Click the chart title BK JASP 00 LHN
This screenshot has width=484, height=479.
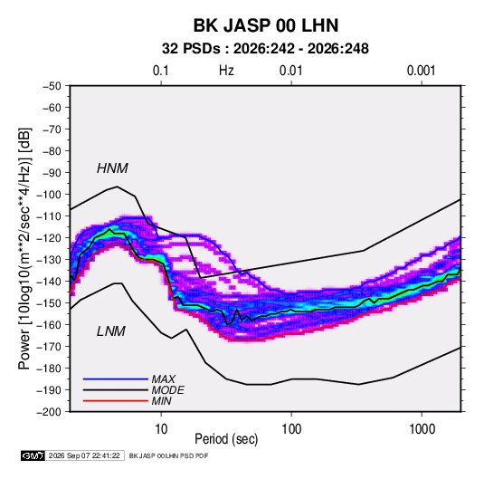tap(266, 25)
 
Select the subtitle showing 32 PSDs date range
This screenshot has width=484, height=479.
tap(265, 49)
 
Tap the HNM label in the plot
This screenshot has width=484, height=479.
tap(112, 168)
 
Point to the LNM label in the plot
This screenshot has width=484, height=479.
tap(111, 331)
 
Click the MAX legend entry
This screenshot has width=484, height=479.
tap(164, 378)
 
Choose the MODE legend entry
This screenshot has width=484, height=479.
tap(168, 390)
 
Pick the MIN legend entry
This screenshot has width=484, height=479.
tap(161, 401)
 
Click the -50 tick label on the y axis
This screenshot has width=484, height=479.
tap(52, 86)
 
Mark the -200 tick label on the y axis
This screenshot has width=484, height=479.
tap(49, 412)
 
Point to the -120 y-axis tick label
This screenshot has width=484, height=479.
tap(49, 238)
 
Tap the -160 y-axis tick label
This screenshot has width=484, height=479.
tap(49, 325)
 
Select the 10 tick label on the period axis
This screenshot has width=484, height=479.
tap(161, 429)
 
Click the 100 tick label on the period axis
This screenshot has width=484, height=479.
tap(291, 429)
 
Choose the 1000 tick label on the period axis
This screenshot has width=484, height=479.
tap(422, 429)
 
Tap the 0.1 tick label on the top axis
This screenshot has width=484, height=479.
tap(161, 71)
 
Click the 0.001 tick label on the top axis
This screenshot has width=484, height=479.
tap(422, 71)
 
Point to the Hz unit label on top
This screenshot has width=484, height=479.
tap(226, 71)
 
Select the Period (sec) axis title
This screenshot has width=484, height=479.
tap(226, 439)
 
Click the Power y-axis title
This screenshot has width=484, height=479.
tap(24, 249)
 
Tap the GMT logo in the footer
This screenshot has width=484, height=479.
tap(33, 455)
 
